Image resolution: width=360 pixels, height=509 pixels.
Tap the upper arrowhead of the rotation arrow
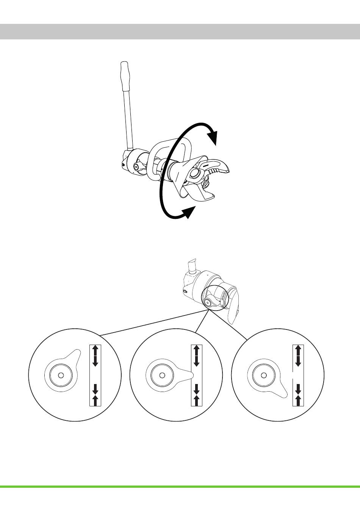[x=214, y=137]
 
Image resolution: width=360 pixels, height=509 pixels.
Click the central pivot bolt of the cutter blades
[x=197, y=175]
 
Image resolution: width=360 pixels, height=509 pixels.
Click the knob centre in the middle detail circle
[x=162, y=375]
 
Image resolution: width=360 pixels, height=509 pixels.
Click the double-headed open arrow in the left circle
[x=95, y=355]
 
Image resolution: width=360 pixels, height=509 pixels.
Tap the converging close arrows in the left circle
[x=95, y=395]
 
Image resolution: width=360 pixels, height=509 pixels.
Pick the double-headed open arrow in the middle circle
[x=197, y=355]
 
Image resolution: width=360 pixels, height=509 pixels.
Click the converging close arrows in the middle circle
[x=197, y=395]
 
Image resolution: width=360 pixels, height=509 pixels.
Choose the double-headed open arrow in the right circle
[x=298, y=355]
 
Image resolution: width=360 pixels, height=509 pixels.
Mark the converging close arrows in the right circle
[x=298, y=395]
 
